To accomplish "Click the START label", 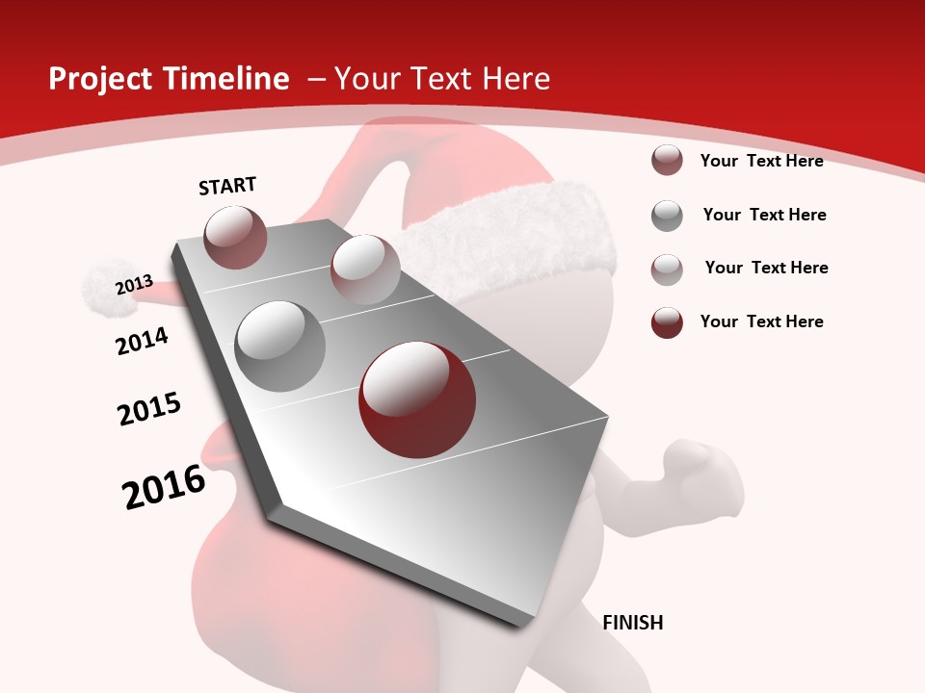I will click(x=227, y=186).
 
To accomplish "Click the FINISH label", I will click(x=632, y=623).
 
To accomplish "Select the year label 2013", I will click(x=134, y=285).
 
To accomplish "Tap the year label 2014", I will click(x=142, y=341).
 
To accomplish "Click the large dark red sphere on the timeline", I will click(x=417, y=399).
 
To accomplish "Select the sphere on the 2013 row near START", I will click(x=235, y=237).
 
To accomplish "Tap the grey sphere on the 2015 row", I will click(x=279, y=346).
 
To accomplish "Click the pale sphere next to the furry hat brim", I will click(x=365, y=269).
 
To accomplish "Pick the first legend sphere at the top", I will click(x=667, y=161).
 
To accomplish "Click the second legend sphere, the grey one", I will click(x=667, y=216).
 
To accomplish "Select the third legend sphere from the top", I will click(x=667, y=269).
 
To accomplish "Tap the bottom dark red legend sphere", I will click(x=667, y=322).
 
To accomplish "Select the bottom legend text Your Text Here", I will click(x=761, y=321).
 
